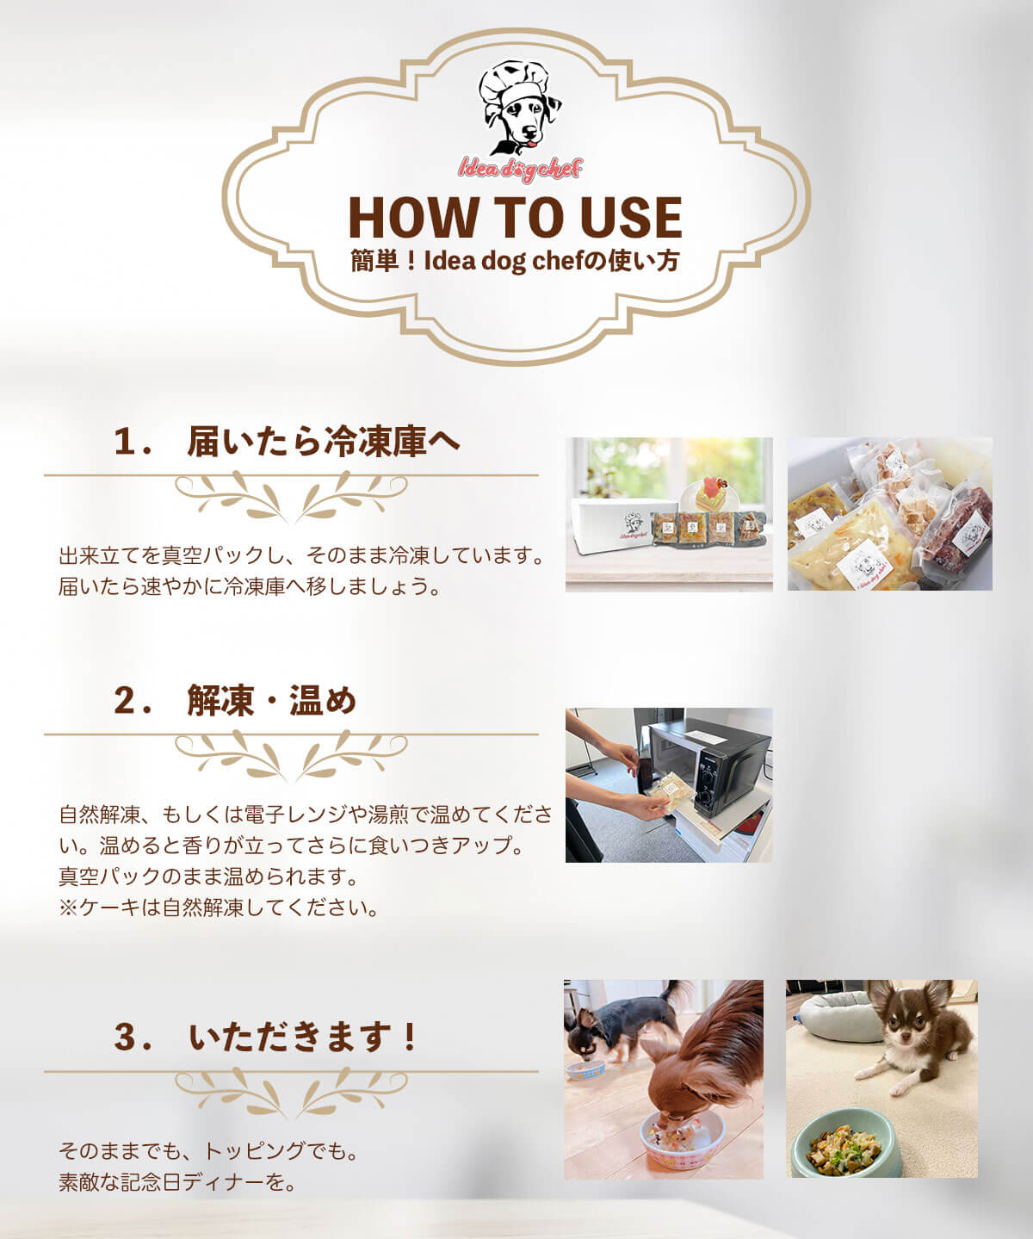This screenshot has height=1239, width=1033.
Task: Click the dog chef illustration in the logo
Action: [519, 108]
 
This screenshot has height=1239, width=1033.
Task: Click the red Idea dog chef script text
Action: [520, 170]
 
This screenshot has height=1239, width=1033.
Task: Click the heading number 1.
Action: [127, 442]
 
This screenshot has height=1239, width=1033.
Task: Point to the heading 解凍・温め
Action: [272, 701]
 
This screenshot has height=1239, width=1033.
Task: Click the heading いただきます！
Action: [303, 1038]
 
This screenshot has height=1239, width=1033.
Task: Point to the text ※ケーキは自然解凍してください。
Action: [218, 908]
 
